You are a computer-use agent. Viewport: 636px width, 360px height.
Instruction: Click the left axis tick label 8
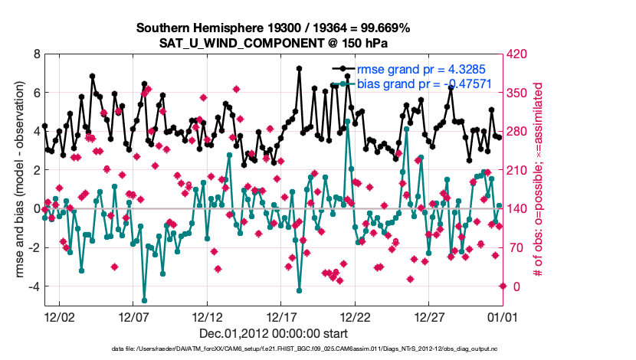tap(36, 54)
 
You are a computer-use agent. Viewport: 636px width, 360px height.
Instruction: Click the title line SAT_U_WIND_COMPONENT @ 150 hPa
tap(274, 43)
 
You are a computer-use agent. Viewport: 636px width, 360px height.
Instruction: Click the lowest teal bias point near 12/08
tap(144, 300)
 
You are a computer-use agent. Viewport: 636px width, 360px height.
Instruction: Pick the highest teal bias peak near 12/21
tap(347, 121)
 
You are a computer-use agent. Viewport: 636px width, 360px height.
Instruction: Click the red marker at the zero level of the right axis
tap(503, 286)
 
